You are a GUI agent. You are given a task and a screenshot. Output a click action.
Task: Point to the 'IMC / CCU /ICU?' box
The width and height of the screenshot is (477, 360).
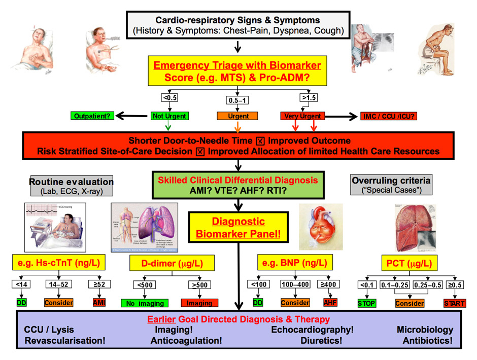pyautogui.click(x=389, y=117)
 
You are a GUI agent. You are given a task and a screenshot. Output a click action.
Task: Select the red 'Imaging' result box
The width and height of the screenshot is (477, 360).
pyautogui.click(x=199, y=303)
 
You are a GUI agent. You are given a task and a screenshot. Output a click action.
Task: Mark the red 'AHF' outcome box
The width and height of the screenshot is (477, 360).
pyautogui.click(x=330, y=302)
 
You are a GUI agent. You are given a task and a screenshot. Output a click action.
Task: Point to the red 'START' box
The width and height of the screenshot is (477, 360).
pyautogui.click(x=453, y=303)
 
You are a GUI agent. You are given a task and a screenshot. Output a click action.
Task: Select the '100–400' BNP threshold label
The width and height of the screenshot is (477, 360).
pyautogui.click(x=295, y=284)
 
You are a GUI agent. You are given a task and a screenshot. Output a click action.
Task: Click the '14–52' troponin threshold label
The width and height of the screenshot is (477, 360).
pyautogui.click(x=59, y=284)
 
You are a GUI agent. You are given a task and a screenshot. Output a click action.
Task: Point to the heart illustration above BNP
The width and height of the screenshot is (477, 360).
pyautogui.click(x=321, y=227)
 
